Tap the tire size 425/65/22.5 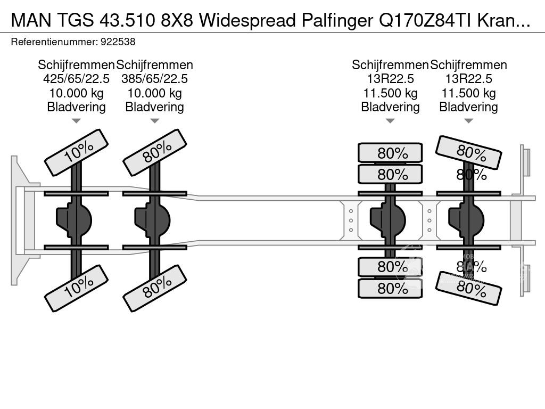(x=76, y=79)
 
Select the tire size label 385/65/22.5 (x=154, y=79)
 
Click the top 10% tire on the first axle (x=76, y=152)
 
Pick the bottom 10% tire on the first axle (x=76, y=288)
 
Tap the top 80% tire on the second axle (x=154, y=152)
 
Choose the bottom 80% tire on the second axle (x=154, y=288)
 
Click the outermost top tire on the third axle (x=390, y=153)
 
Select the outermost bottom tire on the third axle (x=390, y=288)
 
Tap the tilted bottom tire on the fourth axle (x=468, y=288)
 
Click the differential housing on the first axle (x=74, y=219)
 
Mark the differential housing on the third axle (x=388, y=219)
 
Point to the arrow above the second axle (x=154, y=121)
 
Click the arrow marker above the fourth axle (x=468, y=121)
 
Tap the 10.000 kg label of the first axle (x=76, y=93)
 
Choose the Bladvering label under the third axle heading (x=390, y=107)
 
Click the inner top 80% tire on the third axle (x=390, y=174)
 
